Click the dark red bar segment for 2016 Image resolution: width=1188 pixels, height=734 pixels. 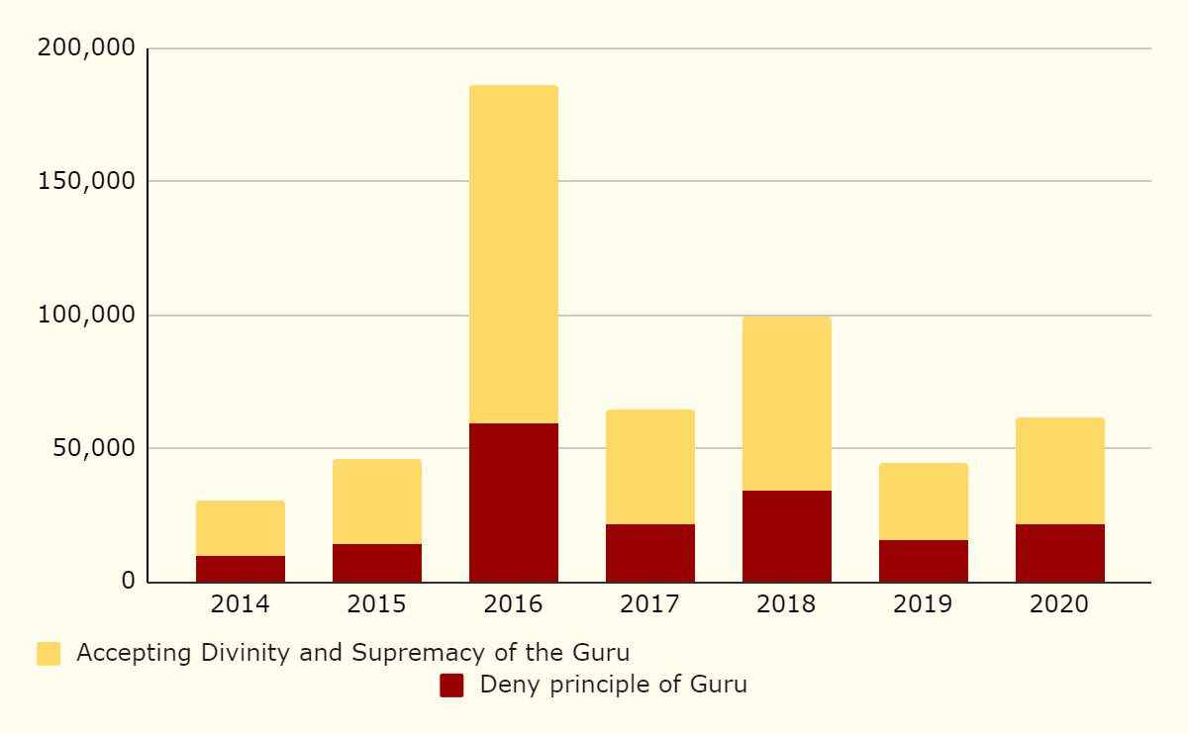coord(514,503)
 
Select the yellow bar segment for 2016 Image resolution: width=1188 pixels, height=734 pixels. coord(514,254)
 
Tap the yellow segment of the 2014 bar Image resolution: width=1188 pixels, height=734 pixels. coord(241,528)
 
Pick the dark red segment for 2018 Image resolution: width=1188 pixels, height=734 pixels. coord(787,536)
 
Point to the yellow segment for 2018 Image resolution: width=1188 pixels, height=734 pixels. coord(787,404)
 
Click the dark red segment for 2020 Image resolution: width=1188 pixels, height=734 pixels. coord(1060,553)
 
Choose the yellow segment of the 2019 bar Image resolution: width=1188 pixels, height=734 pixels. coord(924,502)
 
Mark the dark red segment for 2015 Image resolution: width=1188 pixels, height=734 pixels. coord(377,563)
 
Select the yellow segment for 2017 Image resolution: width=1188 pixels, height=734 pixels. coord(650,467)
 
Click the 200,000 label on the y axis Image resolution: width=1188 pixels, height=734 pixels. coord(85,48)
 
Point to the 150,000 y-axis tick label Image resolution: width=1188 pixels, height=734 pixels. coord(85,182)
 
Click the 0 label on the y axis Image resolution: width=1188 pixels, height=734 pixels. coord(128,582)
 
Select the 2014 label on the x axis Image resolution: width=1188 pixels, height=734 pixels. coord(241,604)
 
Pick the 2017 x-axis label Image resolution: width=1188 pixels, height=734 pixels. coord(650,604)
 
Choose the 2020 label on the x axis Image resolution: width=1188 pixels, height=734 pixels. coord(1060,604)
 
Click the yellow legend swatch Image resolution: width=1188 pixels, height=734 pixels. coord(49,654)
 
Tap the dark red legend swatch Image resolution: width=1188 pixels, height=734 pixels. coord(451,686)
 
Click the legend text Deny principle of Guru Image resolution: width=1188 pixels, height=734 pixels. coord(613,685)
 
